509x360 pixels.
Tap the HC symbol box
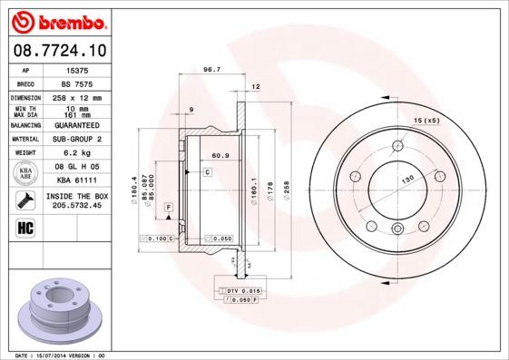(x=25, y=228)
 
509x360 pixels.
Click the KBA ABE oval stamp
(x=25, y=174)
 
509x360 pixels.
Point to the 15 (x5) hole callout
(x=426, y=120)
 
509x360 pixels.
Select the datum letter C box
(x=207, y=171)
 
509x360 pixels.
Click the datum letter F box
(x=169, y=209)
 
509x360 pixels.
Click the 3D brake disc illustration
(x=58, y=308)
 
